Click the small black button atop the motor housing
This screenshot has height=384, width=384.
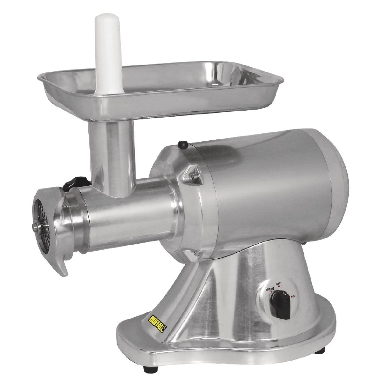coord(182,144)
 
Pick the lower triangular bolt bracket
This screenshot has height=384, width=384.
coord(191,254)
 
